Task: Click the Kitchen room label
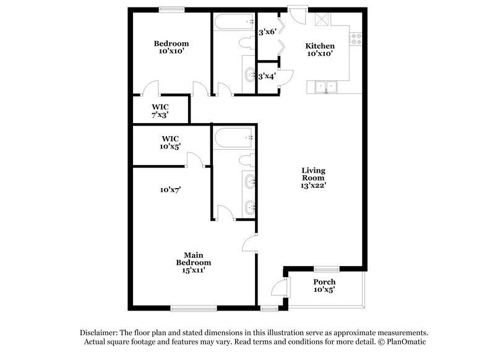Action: tap(320, 46)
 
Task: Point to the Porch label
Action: tap(324, 282)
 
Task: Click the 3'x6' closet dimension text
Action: tap(267, 32)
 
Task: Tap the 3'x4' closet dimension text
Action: tap(267, 76)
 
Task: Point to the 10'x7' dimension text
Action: tap(170, 190)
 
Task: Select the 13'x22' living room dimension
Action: tap(314, 184)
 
